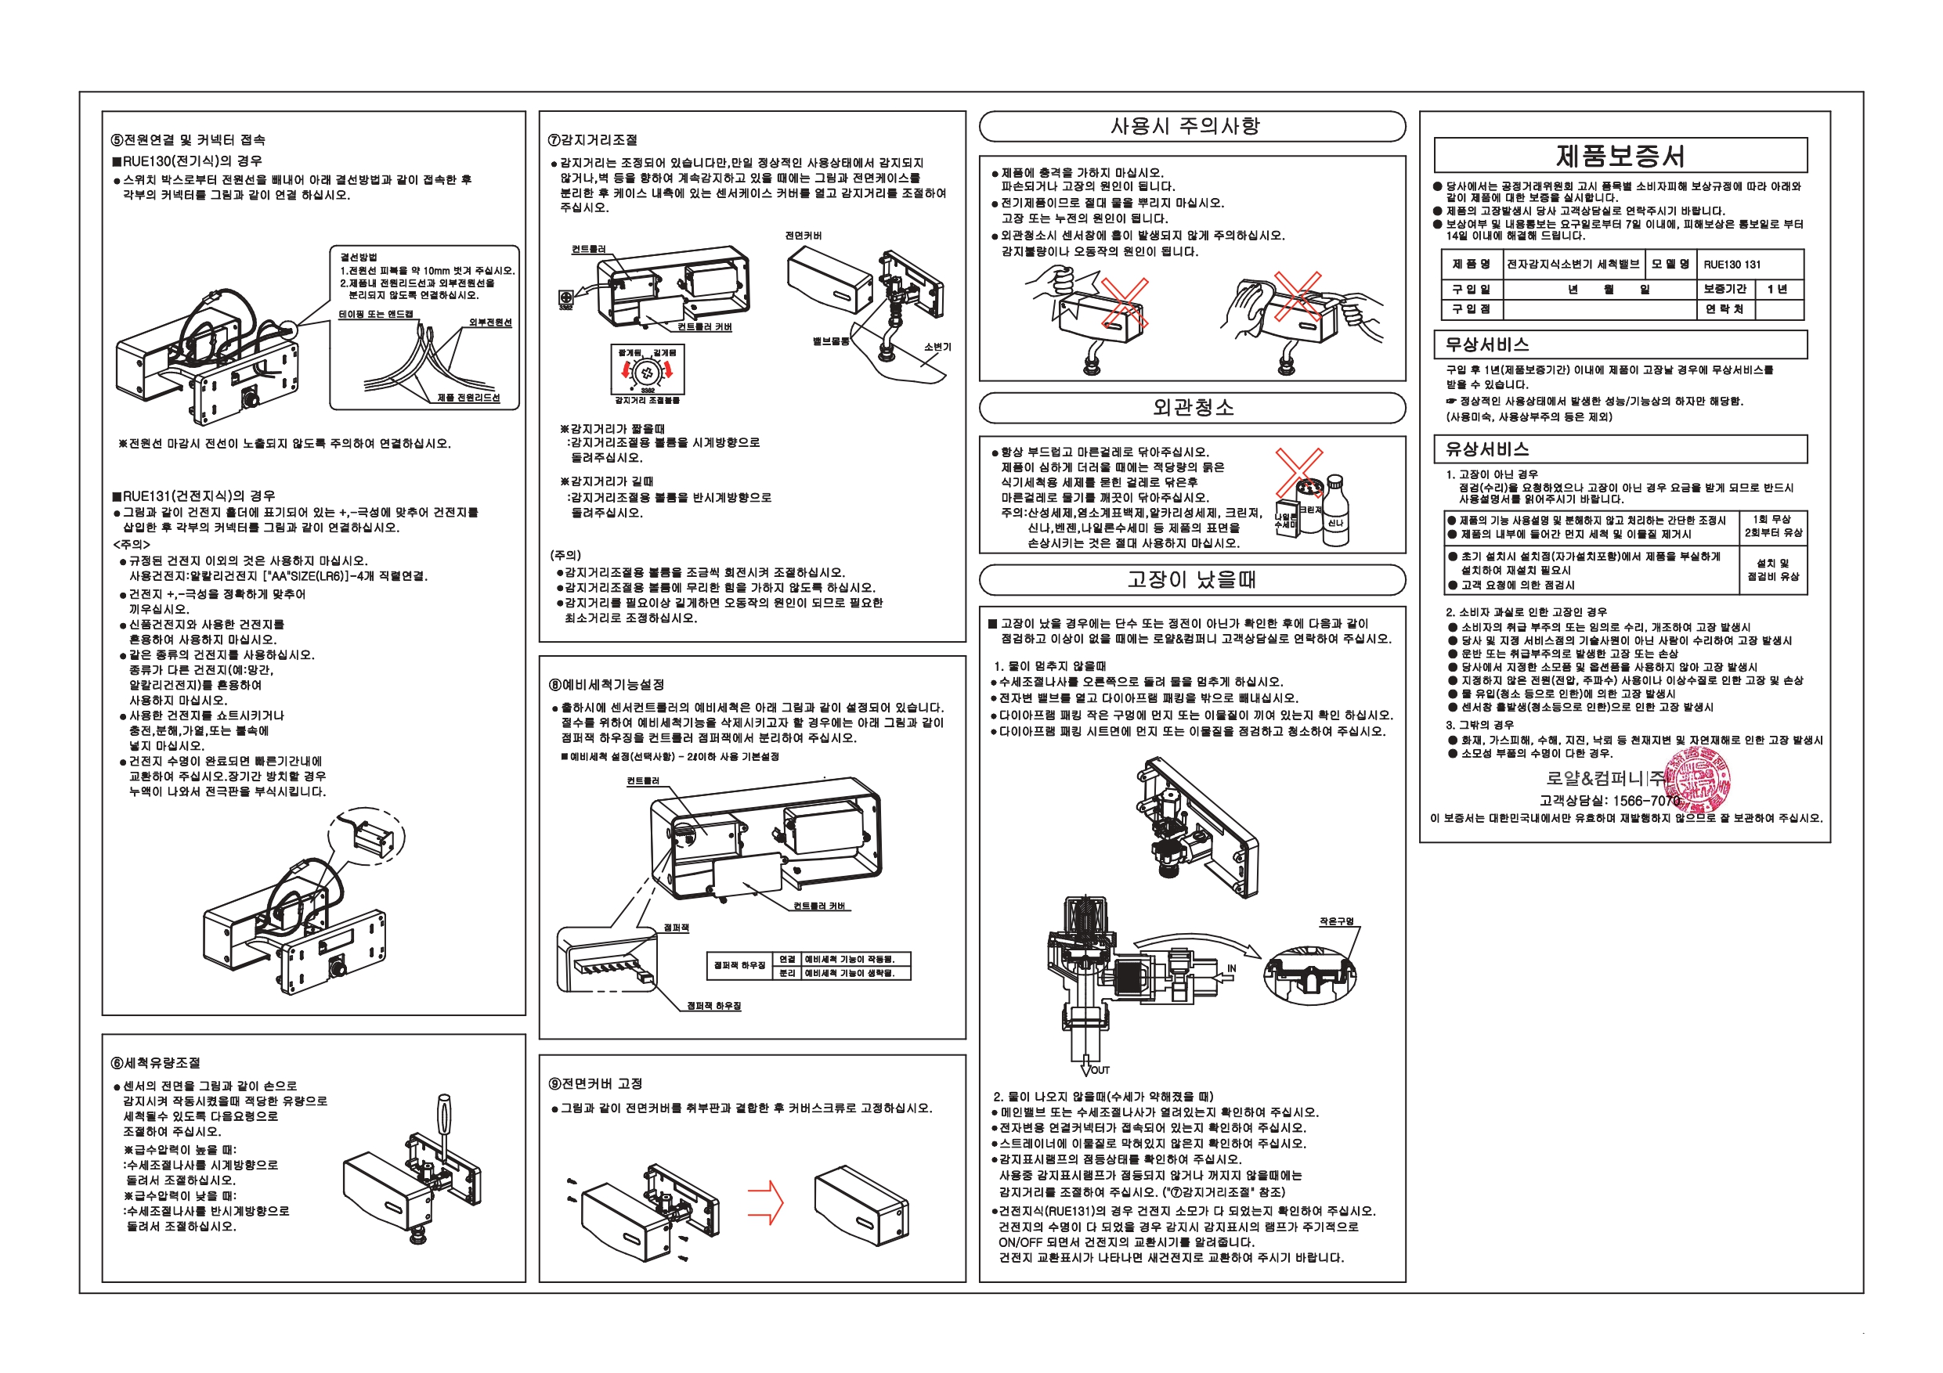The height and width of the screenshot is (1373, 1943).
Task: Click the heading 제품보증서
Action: coord(1620,156)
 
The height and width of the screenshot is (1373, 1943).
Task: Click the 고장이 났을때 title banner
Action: coord(1190,580)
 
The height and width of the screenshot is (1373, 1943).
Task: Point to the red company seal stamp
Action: coord(1697,779)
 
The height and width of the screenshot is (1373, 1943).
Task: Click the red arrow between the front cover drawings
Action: coord(766,1202)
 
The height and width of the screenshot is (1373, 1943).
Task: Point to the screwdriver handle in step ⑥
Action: coord(443,1115)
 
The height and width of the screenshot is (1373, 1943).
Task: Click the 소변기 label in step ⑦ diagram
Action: coord(937,347)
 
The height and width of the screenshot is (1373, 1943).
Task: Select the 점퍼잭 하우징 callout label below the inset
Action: coord(713,1006)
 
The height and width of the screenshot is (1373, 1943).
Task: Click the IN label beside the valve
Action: coord(1231,968)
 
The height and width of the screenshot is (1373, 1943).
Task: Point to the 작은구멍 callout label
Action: coord(1336,921)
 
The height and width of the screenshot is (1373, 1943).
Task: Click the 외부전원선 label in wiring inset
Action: coord(490,323)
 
